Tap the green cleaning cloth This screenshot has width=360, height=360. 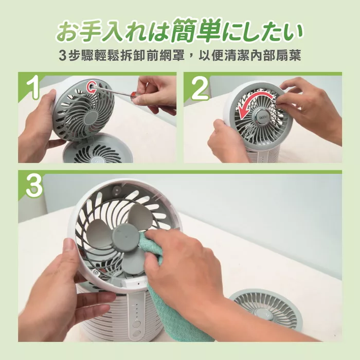[170, 288]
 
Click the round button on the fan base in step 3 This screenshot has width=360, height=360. [136, 325]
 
